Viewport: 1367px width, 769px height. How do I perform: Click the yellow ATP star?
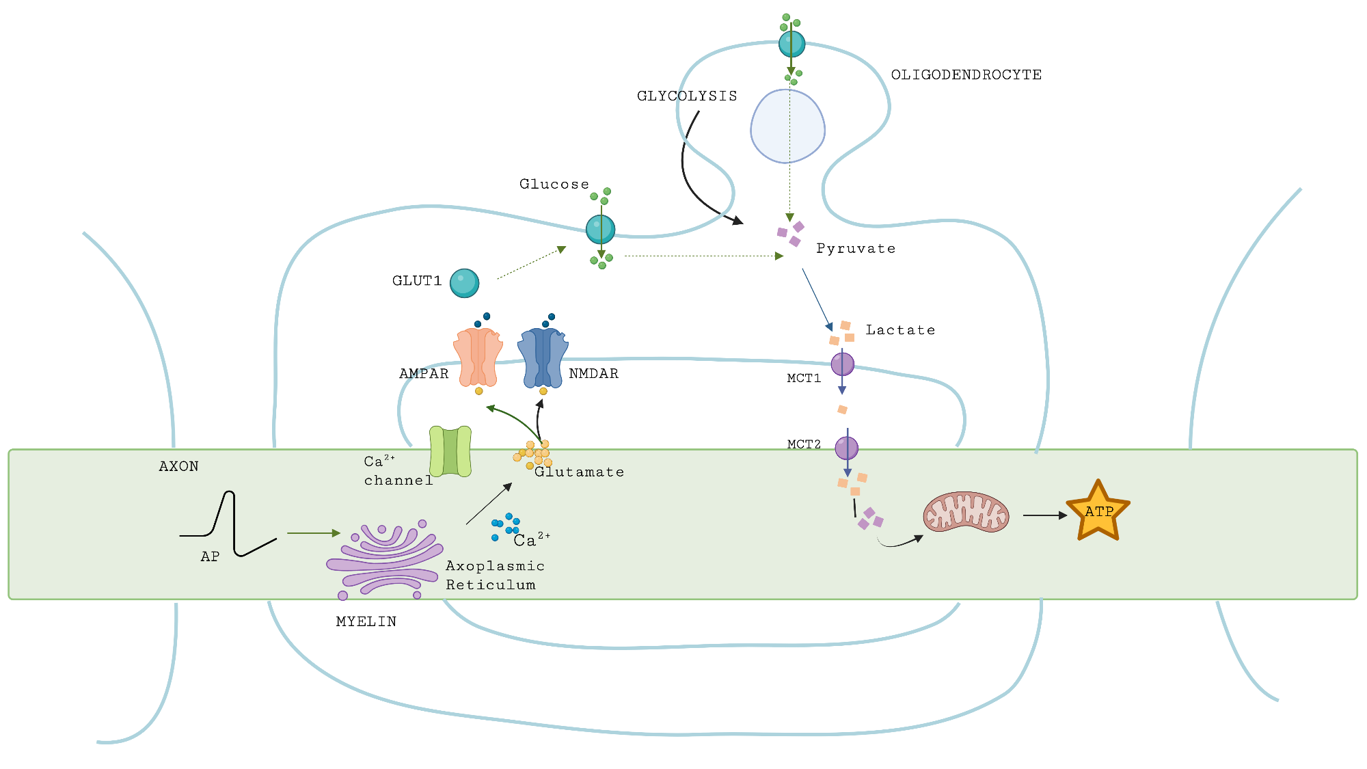[x=1098, y=512]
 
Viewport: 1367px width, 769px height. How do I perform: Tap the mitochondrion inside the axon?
[x=966, y=512]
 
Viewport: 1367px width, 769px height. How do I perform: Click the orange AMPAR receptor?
[x=478, y=357]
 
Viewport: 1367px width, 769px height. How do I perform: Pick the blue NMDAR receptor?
[x=543, y=357]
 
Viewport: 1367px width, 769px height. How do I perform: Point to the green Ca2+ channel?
[x=450, y=451]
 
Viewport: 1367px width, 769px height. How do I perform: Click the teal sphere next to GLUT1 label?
[x=464, y=283]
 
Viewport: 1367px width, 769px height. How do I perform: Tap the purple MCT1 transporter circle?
[x=842, y=364]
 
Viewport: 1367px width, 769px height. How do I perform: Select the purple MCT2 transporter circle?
[x=846, y=448]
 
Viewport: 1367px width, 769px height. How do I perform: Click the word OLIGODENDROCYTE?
[x=966, y=75]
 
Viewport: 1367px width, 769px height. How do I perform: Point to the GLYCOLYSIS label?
[x=687, y=96]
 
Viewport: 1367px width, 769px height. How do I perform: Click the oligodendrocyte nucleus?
[x=787, y=127]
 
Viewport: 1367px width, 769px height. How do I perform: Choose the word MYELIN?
[x=366, y=621]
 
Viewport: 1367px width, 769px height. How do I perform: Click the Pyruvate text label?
[x=856, y=248]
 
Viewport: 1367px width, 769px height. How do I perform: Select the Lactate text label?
[x=900, y=330]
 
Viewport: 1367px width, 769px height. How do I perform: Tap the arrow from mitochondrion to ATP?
[x=1044, y=515]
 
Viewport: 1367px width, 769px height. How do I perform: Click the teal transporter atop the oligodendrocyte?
[x=791, y=44]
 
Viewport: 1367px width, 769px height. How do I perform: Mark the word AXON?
[x=178, y=466]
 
